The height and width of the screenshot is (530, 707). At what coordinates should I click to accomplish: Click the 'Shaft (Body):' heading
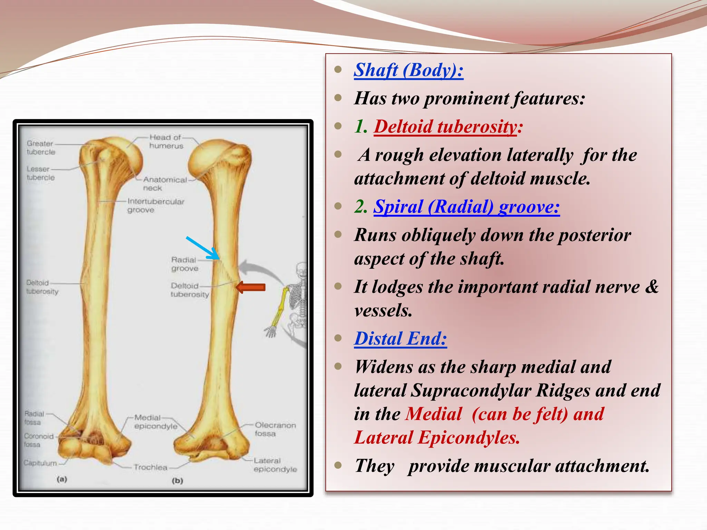[408, 70]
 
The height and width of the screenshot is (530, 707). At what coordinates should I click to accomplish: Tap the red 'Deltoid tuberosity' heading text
[446, 127]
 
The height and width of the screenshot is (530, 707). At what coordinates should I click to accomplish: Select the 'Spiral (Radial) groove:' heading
[467, 207]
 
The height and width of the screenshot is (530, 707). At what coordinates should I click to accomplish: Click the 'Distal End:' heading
[400, 338]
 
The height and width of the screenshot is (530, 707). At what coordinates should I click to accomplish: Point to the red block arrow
[251, 287]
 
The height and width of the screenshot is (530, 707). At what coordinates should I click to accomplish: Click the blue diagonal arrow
[203, 248]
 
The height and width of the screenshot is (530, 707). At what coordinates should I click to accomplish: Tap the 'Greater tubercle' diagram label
[41, 148]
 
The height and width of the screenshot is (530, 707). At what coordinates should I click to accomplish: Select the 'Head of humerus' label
[166, 141]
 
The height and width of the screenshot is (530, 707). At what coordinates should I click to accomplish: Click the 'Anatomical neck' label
[165, 184]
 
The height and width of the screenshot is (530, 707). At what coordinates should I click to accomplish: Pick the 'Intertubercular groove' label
[156, 205]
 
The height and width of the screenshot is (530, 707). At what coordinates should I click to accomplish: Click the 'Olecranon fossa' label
[275, 429]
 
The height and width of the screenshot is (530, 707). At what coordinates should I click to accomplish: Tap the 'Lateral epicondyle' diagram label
[275, 465]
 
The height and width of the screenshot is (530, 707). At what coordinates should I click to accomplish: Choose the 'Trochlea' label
[151, 467]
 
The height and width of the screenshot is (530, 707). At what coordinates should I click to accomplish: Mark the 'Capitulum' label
[40, 463]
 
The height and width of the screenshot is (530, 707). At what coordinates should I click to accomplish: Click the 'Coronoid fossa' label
[39, 440]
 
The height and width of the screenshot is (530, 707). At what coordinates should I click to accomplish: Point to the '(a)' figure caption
[62, 479]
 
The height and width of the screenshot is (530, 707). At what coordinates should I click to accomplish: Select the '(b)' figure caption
[177, 480]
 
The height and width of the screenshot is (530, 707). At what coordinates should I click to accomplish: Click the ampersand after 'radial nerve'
[651, 287]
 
